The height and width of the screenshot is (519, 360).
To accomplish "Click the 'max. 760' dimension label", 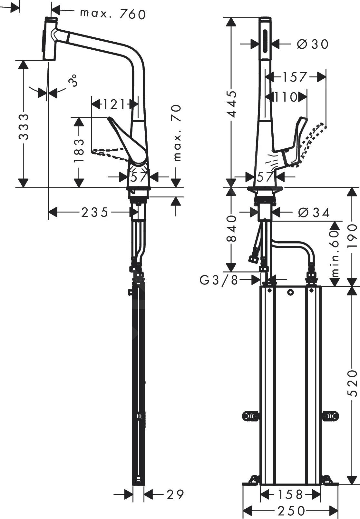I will coord(113,14).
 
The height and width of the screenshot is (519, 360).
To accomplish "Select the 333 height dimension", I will coord(23,126).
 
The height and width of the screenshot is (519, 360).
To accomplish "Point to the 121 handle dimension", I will coord(113,104).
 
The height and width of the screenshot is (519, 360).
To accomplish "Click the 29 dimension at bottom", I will coord(175,494).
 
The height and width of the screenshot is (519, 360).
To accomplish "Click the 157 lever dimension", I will coord(294,77).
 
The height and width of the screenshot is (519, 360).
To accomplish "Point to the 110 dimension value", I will coord(285,97).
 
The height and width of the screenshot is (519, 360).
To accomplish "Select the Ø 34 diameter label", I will coord(314,213).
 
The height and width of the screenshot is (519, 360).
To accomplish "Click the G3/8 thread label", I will coord(219,280).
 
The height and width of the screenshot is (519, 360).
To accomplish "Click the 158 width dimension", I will coord(290,494).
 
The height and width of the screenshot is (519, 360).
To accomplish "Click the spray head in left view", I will coord(50,39).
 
